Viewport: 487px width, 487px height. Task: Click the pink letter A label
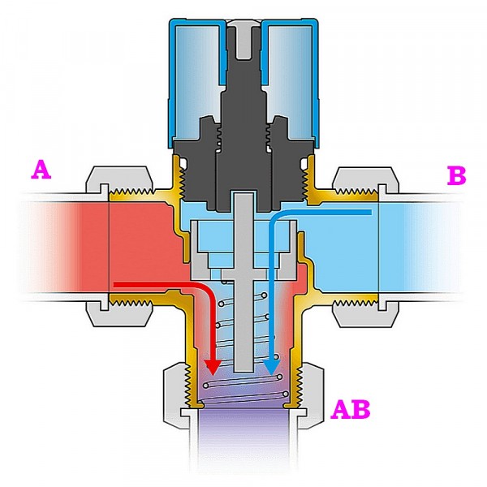click(41, 170)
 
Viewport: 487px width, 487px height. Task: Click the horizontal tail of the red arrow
click(154, 285)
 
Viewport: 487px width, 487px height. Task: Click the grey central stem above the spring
click(243, 243)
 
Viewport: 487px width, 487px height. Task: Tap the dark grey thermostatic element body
click(243, 154)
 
